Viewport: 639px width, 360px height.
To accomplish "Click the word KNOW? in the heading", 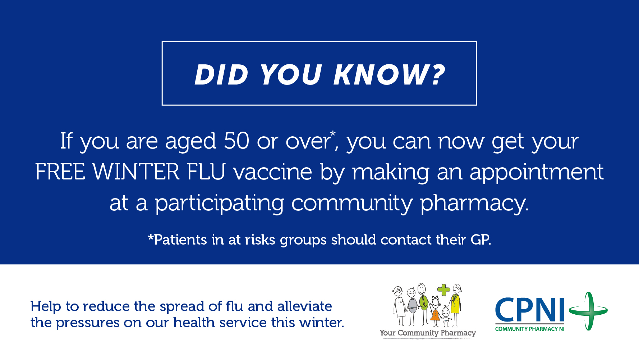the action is coord(390,75).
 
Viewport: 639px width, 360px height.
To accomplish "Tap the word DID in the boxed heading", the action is coord(221,75).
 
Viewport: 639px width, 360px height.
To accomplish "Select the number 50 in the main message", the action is coord(236,141).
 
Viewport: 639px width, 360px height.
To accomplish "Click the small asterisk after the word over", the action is coord(333,134).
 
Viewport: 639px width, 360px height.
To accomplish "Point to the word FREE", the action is coord(60,172).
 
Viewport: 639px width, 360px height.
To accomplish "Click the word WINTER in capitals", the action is coord(136,172).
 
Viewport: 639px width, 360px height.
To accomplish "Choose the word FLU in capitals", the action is coord(206,172).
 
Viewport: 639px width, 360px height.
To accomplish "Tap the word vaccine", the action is coord(273,172).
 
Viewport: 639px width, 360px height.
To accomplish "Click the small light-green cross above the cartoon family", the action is coord(444,290).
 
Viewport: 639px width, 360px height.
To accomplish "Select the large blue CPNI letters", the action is coord(530,310).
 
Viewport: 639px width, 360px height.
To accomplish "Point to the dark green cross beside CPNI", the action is coord(588,311).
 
